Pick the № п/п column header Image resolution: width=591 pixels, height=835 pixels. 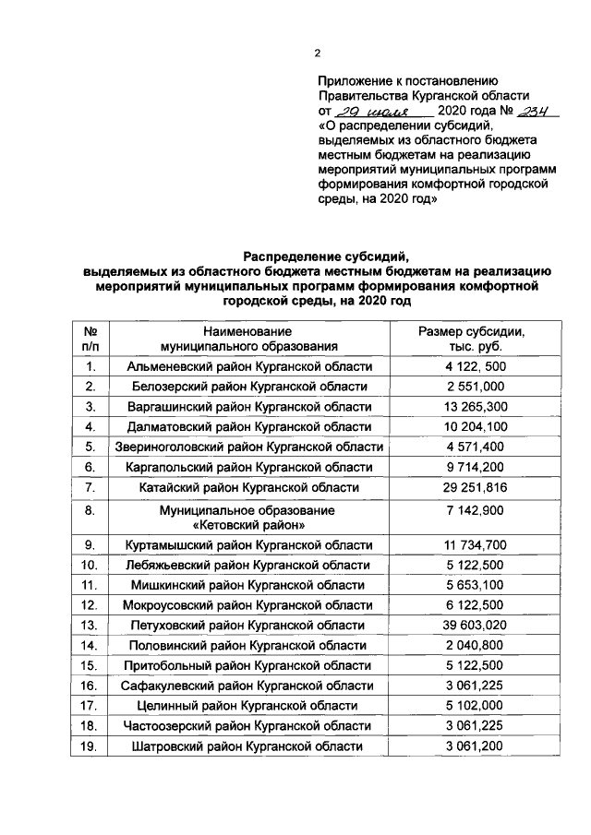pyautogui.click(x=90, y=339)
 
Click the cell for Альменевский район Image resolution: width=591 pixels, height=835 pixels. pyautogui.click(x=247, y=366)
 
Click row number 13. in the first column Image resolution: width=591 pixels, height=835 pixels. pyautogui.click(x=90, y=626)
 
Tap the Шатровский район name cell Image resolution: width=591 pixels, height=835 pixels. pyautogui.click(x=247, y=746)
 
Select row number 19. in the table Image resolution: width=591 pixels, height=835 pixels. pyautogui.click(x=90, y=746)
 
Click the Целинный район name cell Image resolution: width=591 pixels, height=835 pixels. pyautogui.click(x=247, y=706)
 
